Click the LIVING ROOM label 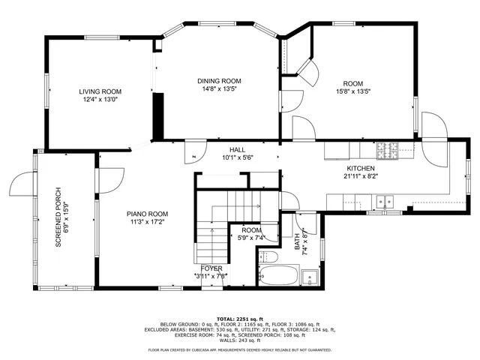100,91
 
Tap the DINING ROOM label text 219,81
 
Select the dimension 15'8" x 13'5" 352,91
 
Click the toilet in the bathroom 270,257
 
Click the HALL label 238,149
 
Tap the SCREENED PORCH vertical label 58,217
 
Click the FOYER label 211,268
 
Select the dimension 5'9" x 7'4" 251,238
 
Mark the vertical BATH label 297,240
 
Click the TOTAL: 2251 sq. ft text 239,318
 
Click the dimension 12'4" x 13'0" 100,99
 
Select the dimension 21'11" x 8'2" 360,177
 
